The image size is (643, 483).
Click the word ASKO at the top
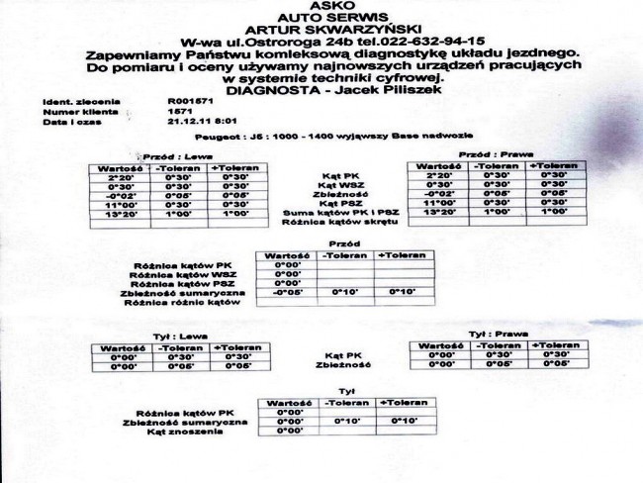(x=319, y=6)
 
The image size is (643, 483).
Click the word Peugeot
(x=216, y=140)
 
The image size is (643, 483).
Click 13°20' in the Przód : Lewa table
(x=121, y=212)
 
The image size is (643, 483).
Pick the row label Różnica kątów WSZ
(x=187, y=274)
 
